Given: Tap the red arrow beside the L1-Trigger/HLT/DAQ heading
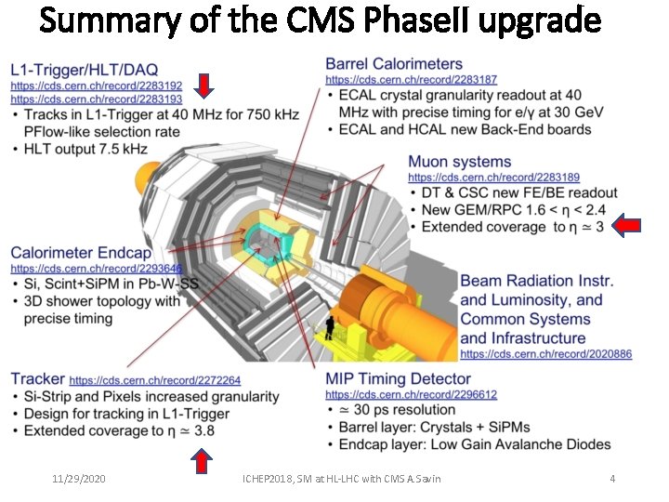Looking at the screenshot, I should click(205, 86).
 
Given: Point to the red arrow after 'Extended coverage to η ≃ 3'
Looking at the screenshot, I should click(629, 224).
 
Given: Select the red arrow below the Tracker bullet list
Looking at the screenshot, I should click(201, 459).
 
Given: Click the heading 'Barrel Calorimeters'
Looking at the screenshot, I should click(394, 64).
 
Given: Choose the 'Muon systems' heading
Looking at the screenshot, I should click(460, 163).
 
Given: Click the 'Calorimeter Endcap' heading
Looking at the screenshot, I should click(81, 253).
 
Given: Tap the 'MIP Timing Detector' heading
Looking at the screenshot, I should click(399, 379).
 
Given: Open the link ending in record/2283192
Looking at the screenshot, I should click(97, 86).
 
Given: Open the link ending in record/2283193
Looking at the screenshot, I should click(97, 99).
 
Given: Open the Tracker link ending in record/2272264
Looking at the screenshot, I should click(155, 380).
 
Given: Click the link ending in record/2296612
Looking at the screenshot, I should click(411, 394).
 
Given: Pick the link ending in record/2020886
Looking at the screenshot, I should click(546, 354).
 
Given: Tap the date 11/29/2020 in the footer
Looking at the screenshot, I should click(78, 479).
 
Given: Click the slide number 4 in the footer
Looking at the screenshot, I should click(612, 479).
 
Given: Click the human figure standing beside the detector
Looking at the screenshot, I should click(329, 327).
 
